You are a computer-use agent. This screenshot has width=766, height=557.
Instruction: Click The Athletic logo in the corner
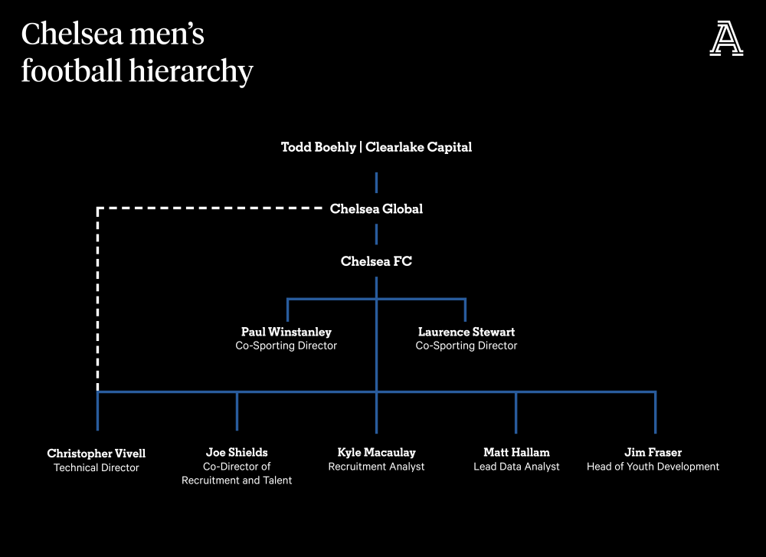tap(726, 38)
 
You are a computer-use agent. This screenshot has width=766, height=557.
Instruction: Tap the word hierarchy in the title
tap(191, 71)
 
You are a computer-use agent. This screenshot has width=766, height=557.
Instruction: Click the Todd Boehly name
tap(319, 147)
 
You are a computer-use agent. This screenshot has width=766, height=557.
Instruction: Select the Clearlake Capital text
tap(419, 147)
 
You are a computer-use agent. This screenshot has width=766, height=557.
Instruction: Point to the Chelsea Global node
tap(376, 208)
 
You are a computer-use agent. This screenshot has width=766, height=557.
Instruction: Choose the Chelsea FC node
tap(376, 261)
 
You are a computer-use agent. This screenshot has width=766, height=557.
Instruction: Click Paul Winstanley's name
tap(286, 332)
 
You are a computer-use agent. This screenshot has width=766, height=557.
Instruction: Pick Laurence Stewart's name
tap(466, 332)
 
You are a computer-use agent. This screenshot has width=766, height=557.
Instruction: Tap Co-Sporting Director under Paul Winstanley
tap(286, 346)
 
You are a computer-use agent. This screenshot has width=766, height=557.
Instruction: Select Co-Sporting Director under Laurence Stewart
tap(466, 346)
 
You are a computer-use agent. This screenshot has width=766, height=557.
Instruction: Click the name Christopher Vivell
tap(97, 454)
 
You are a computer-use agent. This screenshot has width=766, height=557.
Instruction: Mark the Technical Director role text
tap(97, 467)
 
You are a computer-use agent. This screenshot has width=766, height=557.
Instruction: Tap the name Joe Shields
tap(237, 452)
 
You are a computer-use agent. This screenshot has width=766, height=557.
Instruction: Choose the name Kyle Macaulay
tap(377, 453)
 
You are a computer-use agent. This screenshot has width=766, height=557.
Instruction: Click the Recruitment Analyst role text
tap(377, 467)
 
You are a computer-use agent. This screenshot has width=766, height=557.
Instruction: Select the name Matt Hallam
tap(516, 452)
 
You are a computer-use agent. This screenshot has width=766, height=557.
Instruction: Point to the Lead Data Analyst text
tap(516, 467)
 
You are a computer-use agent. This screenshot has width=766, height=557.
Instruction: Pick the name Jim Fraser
tap(653, 452)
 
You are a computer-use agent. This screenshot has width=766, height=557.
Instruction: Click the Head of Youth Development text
tap(653, 467)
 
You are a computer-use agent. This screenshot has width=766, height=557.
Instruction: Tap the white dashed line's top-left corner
tap(98, 208)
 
